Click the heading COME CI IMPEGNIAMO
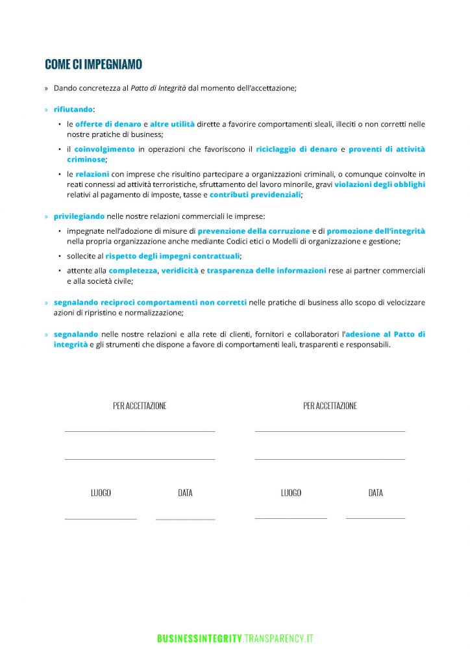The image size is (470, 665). (x=93, y=64)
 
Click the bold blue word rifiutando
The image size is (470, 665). (x=73, y=110)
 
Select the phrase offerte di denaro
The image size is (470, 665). (x=108, y=124)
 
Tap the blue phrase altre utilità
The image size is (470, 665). (x=172, y=124)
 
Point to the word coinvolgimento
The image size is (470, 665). (x=105, y=149)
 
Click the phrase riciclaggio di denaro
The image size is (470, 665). (x=297, y=149)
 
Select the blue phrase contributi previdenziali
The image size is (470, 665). (x=255, y=195)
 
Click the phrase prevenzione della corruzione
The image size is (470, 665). (x=254, y=231)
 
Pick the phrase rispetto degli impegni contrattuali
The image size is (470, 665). (x=173, y=256)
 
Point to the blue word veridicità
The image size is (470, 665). (x=180, y=271)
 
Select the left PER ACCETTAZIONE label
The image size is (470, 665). (x=140, y=406)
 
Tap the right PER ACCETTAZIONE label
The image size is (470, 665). (x=330, y=406)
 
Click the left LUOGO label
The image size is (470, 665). (x=101, y=493)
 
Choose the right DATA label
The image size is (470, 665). (x=375, y=493)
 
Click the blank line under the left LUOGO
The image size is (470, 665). (x=101, y=519)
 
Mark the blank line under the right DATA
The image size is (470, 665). (x=375, y=518)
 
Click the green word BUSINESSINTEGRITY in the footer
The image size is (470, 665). (x=199, y=639)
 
